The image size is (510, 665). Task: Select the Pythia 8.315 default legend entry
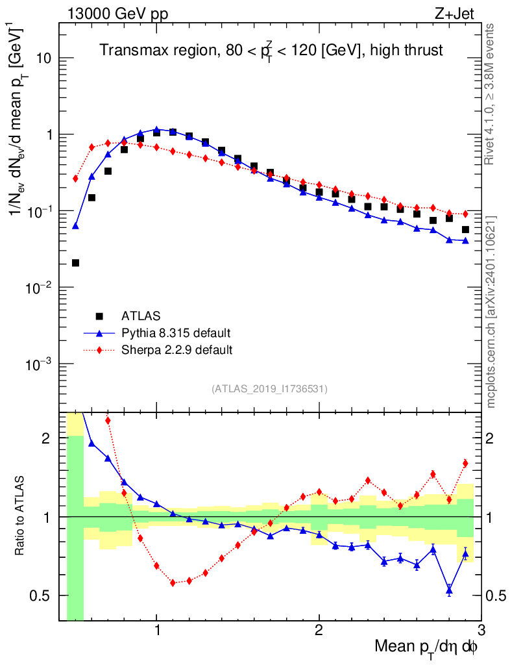[176, 333]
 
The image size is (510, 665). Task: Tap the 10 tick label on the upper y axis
[43, 58]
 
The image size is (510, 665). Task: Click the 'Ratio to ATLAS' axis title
[21, 516]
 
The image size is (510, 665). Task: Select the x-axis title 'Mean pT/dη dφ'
[426, 647]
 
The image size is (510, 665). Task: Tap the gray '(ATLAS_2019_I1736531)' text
[269, 389]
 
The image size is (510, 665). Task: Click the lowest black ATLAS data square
[75, 263]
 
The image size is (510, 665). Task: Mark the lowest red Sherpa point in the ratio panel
[173, 583]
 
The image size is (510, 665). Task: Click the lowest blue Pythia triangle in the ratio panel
[449, 590]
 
